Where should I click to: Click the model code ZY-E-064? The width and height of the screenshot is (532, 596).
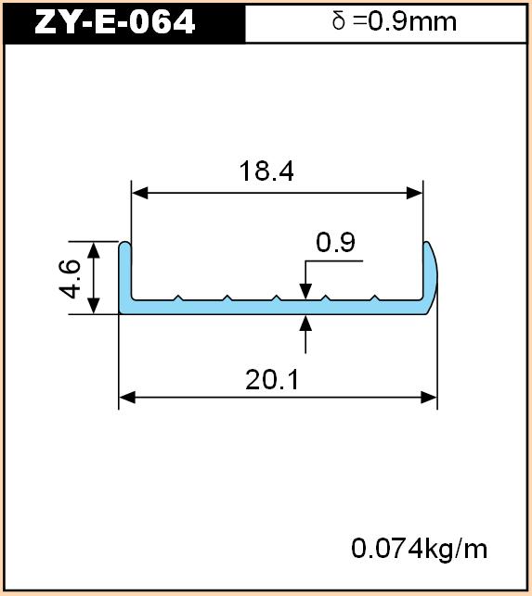pos(114,22)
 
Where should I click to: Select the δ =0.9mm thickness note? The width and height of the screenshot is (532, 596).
pos(395,21)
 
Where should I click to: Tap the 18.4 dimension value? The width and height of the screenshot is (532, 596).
pos(266,171)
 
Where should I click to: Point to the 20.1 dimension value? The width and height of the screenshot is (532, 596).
pos(272,379)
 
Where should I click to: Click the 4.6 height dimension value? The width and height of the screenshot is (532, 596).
pos(70,279)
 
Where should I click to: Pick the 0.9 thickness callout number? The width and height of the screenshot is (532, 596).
pos(335,242)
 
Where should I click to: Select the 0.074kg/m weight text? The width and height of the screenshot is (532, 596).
pos(419,549)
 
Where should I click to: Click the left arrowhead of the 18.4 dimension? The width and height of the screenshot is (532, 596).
pos(139,193)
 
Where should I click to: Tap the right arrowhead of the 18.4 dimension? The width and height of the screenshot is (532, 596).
pos(415,193)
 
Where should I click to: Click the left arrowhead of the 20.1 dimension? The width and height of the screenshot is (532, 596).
pos(127,398)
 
